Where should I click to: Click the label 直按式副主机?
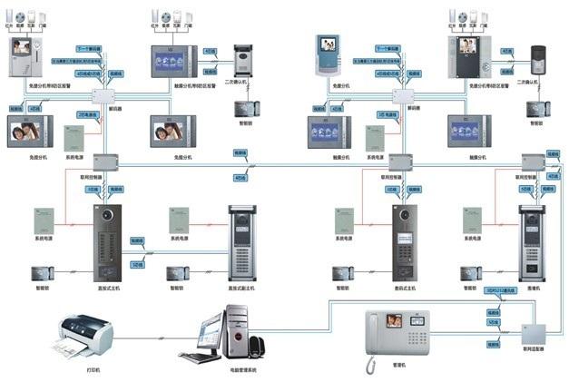[x=240, y=288]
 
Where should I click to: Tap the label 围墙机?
[x=530, y=288]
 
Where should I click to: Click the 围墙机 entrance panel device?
[x=531, y=240]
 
